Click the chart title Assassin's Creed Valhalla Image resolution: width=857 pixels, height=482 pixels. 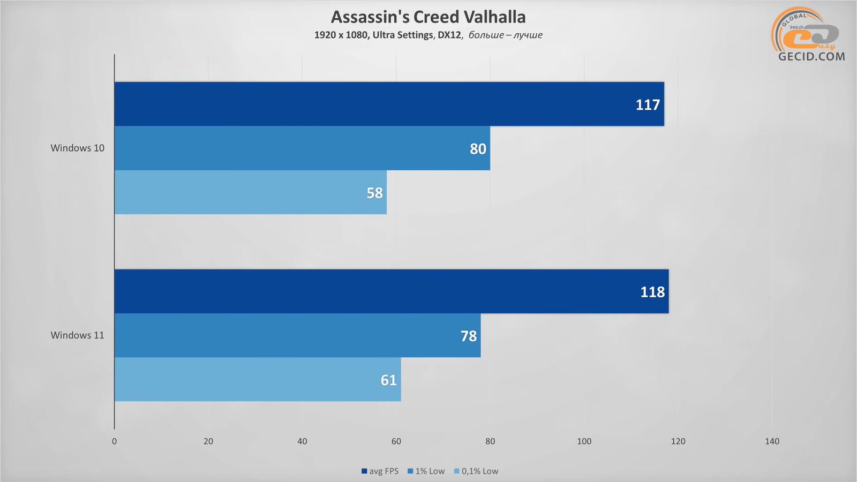(x=428, y=17)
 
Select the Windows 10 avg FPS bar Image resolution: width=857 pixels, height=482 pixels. (x=389, y=104)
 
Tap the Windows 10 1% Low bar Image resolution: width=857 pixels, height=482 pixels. (x=302, y=148)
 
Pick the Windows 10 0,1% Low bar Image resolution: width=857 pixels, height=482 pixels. (x=250, y=192)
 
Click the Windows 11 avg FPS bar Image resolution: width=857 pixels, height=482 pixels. (x=391, y=291)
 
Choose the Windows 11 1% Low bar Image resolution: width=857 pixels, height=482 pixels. (x=297, y=335)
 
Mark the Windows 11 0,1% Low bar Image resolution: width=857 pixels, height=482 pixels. (x=258, y=379)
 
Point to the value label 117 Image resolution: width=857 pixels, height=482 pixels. (x=648, y=105)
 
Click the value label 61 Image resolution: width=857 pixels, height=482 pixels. (x=388, y=380)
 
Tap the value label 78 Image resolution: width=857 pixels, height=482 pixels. (x=468, y=336)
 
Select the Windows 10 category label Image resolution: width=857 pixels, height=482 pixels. (x=78, y=148)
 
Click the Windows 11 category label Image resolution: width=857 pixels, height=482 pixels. (x=78, y=335)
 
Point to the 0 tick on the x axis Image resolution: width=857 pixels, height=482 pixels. (x=114, y=441)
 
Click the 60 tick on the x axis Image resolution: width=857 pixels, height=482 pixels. (x=396, y=441)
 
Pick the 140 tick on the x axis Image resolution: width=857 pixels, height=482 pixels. (x=772, y=441)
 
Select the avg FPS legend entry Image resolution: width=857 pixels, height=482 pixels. (x=380, y=471)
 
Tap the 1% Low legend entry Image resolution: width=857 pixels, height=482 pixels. (x=426, y=471)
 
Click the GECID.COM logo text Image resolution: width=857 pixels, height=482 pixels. (x=811, y=56)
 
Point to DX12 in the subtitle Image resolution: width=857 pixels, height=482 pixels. (x=449, y=35)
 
